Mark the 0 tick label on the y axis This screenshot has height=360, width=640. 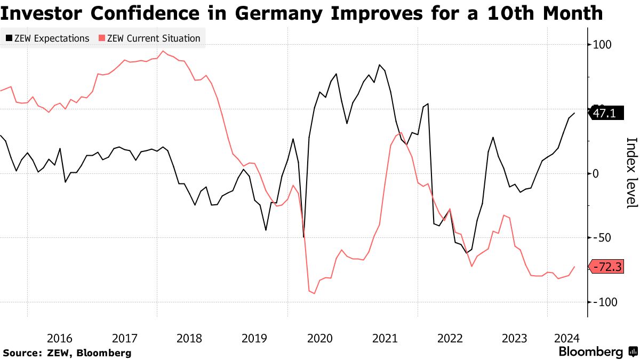[597, 173]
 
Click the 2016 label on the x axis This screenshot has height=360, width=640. [59, 338]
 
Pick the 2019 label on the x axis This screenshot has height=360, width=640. [254, 338]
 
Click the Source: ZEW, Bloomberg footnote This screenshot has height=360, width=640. [67, 353]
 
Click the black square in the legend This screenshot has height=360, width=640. [9, 38]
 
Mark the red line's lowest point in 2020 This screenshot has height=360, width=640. [314, 293]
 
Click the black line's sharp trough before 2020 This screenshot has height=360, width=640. [303, 237]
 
